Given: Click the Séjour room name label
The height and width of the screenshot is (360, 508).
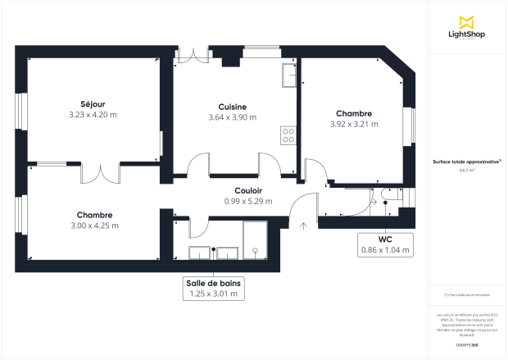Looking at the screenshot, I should [92, 104].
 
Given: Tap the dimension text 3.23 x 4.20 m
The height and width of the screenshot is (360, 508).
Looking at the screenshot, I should [92, 116].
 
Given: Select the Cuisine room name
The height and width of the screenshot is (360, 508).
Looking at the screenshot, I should [233, 107].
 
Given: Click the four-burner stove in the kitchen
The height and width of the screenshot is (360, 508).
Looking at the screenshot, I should [288, 135].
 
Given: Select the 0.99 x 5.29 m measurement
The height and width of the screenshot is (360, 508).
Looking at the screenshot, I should [247, 201].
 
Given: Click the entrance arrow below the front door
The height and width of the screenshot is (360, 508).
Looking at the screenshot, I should [304, 224].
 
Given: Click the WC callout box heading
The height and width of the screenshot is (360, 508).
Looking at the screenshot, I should [385, 239].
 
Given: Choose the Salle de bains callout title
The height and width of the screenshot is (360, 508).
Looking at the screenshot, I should [213, 282].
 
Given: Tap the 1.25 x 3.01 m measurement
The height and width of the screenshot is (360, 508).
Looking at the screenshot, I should [213, 294].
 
